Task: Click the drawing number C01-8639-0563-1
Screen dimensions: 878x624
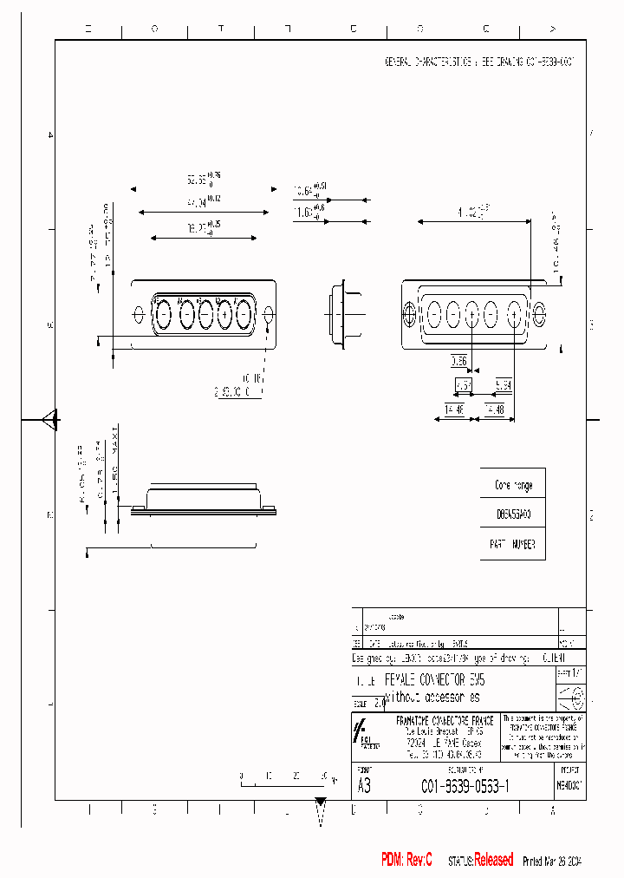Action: [x=465, y=786]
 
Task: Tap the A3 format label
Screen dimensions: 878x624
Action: [x=365, y=786]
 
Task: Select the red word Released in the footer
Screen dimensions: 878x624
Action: [x=493, y=860]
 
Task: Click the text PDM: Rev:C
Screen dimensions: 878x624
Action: [x=406, y=860]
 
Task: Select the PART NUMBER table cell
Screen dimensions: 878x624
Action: [x=514, y=545]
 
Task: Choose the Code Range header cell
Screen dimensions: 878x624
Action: [x=514, y=486]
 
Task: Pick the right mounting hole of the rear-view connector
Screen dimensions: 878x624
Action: [x=540, y=313]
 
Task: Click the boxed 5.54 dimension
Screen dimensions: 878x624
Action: [x=504, y=383]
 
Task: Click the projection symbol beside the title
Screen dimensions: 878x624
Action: [x=573, y=697]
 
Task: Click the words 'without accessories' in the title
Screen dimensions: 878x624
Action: [x=431, y=698]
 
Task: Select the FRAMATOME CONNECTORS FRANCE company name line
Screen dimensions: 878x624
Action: [x=444, y=720]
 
